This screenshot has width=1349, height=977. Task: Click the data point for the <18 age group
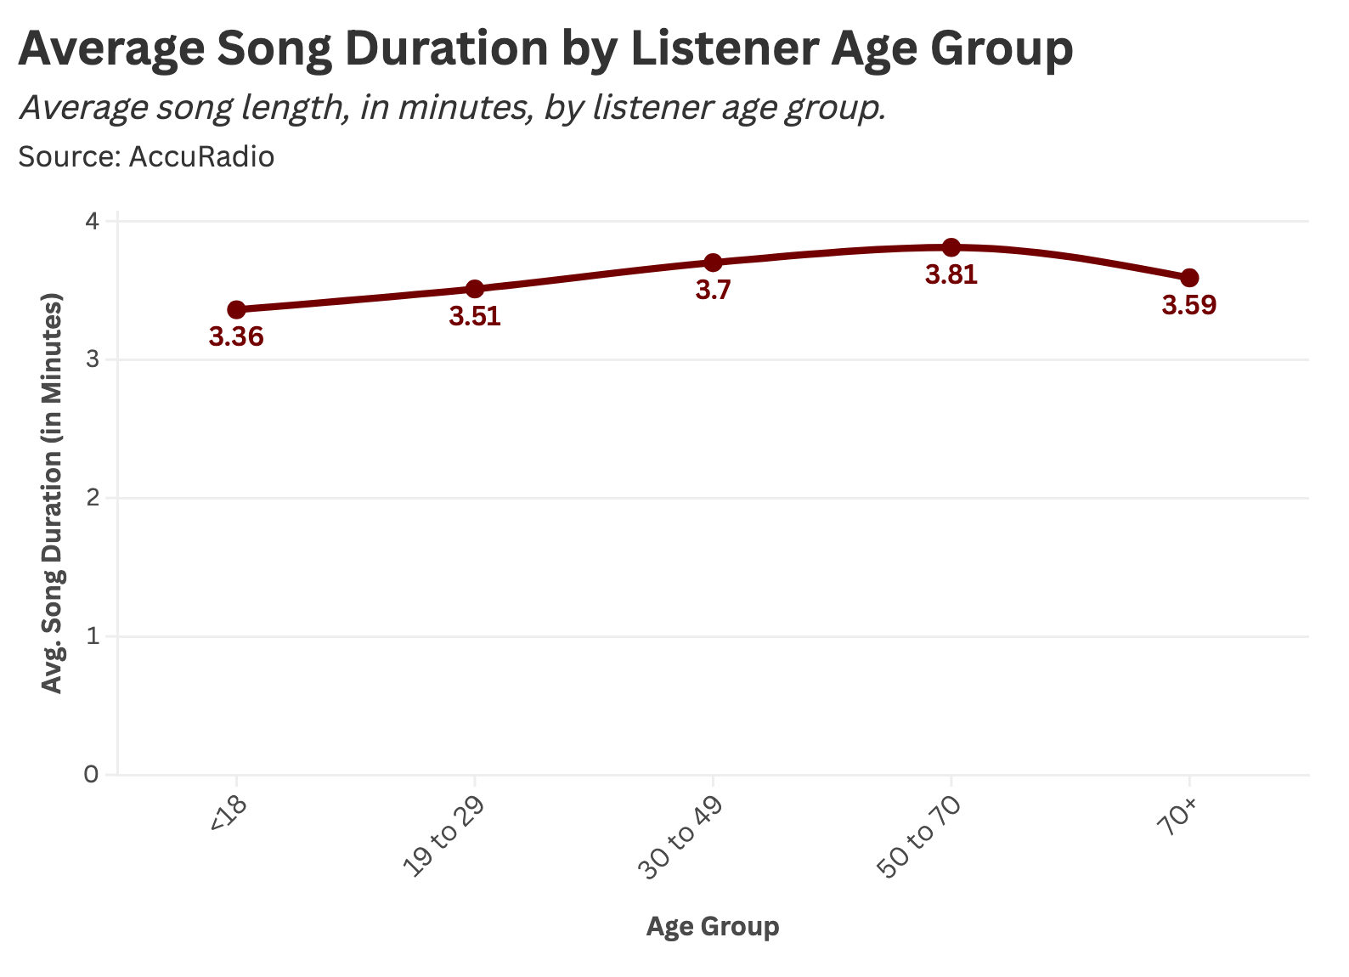[x=237, y=309]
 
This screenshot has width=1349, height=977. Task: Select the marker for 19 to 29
[x=475, y=289]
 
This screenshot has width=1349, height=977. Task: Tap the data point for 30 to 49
[x=714, y=263]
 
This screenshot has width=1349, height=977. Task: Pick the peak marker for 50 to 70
[x=951, y=247]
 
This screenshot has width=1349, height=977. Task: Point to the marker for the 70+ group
[x=1189, y=278]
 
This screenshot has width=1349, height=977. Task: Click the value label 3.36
[x=237, y=337]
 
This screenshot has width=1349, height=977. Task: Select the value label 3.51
[x=475, y=316]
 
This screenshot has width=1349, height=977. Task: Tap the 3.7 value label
[x=714, y=291]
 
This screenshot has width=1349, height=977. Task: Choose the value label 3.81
[x=951, y=275]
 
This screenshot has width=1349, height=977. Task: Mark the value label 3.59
[x=1189, y=305]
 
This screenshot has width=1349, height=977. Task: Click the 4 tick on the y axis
[x=92, y=221]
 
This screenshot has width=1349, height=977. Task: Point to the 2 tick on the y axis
[x=92, y=498]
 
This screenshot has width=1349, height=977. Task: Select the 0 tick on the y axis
[x=92, y=775]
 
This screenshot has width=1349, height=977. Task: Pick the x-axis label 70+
[x=1178, y=820]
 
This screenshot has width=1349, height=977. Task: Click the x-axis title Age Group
[x=713, y=926]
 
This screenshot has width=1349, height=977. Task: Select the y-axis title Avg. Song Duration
[x=53, y=494]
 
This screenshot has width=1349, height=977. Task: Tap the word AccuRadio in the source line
[x=201, y=157]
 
